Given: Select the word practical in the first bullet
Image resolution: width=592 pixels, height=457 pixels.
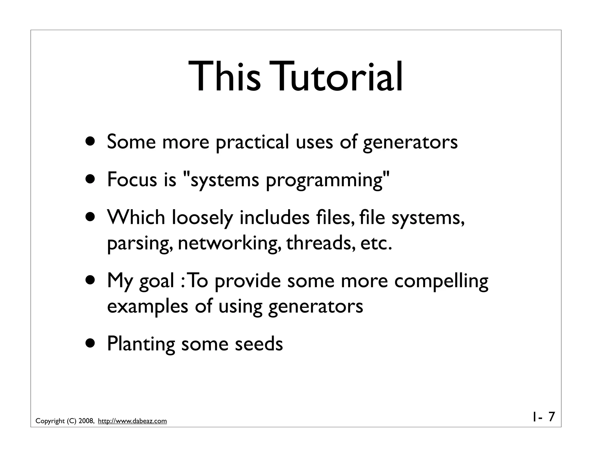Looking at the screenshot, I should tap(252, 142).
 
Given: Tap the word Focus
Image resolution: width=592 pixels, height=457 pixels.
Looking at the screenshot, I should tap(132, 179).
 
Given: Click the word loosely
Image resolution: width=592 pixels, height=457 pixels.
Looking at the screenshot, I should tap(202, 218).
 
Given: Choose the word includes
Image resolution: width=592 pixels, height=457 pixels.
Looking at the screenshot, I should tap(274, 217).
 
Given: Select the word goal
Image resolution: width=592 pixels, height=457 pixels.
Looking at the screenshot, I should tap(157, 281).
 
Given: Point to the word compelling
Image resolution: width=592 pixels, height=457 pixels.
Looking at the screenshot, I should tap(441, 281).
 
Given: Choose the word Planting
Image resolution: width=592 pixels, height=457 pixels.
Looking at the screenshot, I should tap(141, 344).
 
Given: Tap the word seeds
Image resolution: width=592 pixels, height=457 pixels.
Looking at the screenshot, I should tap(259, 344).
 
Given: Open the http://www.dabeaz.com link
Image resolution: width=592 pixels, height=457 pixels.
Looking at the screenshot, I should tap(132, 421).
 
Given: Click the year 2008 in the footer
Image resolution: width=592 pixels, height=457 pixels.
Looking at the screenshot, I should tap(86, 421).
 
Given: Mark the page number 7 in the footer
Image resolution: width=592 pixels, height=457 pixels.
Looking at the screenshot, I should tap(552, 417).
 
